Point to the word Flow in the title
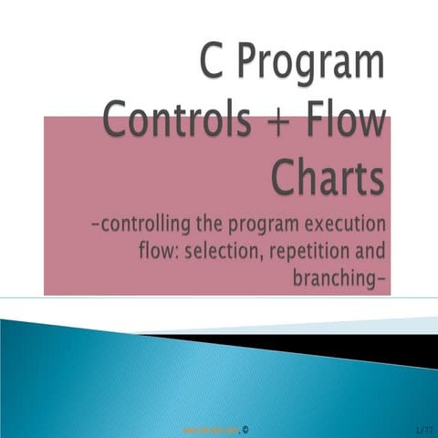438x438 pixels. point(349,121)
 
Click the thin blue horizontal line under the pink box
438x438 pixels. point(219,298)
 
